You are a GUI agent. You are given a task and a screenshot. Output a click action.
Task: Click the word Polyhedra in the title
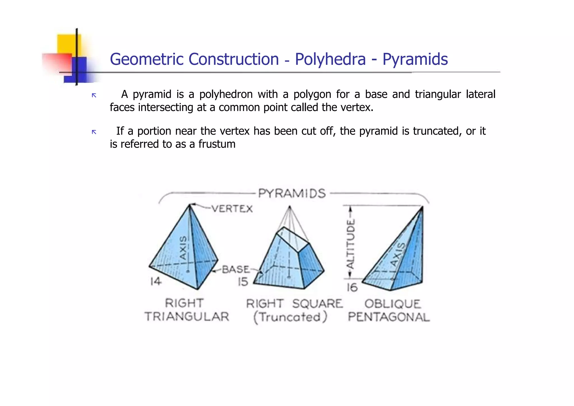[x=330, y=59]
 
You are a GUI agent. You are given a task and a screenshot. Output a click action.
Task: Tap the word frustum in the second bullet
[x=217, y=144]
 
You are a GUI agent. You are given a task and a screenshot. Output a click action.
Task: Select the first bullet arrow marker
[x=94, y=96]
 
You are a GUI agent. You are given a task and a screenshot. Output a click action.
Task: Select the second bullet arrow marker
[x=94, y=132]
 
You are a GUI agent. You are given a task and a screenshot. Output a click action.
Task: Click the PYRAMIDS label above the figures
[x=292, y=194]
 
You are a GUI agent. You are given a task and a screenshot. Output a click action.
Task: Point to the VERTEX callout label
[x=232, y=209]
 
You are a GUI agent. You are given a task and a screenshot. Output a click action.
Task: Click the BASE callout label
[x=235, y=270]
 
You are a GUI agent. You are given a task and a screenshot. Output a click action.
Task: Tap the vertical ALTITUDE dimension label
[x=350, y=244]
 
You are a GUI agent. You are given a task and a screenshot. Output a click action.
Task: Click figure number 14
[x=156, y=281]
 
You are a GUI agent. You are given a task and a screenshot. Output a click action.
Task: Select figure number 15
[x=243, y=282]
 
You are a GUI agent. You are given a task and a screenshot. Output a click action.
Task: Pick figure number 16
[x=352, y=287]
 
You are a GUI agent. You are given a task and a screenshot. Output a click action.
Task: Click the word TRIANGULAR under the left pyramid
[x=187, y=317]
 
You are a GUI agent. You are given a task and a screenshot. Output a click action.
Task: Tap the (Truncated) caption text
[x=290, y=317]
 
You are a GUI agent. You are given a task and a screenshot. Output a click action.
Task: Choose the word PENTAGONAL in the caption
[x=389, y=317]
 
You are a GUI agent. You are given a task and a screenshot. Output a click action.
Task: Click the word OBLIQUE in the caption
[x=392, y=304]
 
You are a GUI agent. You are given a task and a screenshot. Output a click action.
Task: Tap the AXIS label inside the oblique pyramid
[x=398, y=254]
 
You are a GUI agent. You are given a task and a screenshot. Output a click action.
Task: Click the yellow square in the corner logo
[x=69, y=44]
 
